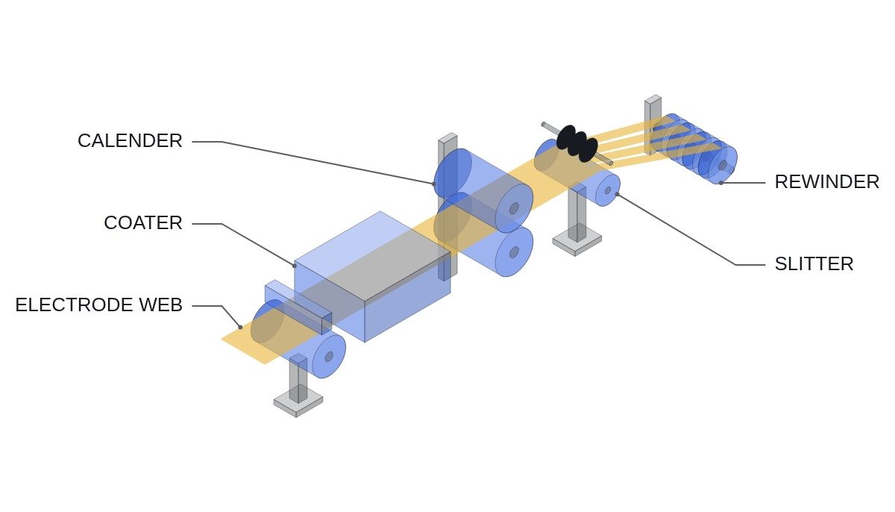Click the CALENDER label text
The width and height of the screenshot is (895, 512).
click(x=130, y=141)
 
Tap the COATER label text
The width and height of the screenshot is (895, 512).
click(x=143, y=223)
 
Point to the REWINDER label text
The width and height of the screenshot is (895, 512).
click(x=827, y=182)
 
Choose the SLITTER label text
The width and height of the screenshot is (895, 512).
click(x=814, y=264)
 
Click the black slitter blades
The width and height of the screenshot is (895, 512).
click(x=577, y=143)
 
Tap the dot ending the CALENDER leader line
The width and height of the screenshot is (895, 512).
click(x=434, y=184)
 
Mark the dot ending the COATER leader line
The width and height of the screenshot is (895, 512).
click(x=295, y=266)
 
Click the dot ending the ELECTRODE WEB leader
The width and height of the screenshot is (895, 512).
click(x=240, y=328)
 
